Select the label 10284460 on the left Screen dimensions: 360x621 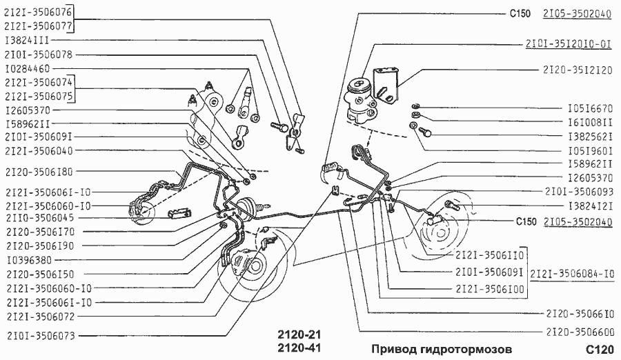tap(28, 69)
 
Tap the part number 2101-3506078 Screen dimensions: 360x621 tap(37, 54)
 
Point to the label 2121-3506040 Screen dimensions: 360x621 tap(37, 150)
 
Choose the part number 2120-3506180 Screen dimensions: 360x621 tap(37, 171)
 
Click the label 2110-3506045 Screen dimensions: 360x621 tap(37, 217)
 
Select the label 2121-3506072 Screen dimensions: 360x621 tap(37, 316)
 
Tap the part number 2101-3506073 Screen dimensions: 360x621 tap(37, 337)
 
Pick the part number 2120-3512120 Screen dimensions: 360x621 tap(578, 70)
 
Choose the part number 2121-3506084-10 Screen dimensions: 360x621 tap(572, 273)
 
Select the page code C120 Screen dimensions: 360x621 tap(597, 348)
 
